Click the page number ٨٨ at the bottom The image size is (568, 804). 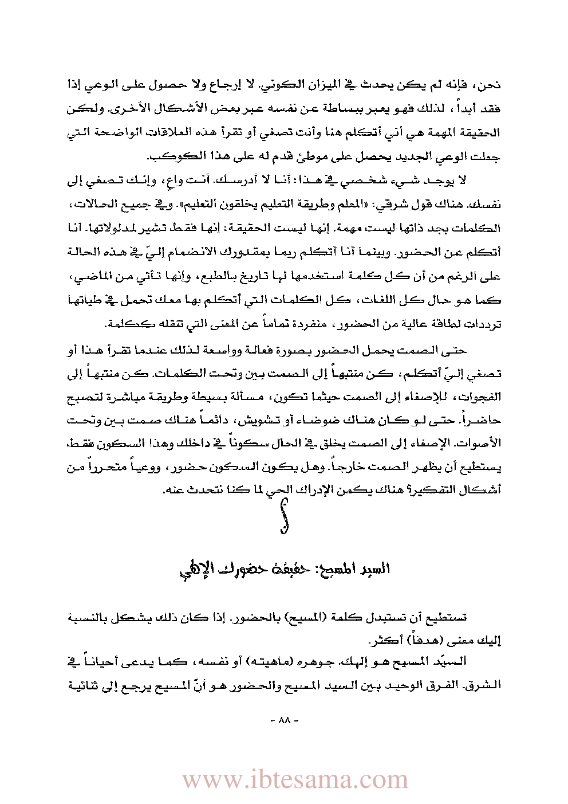[284, 720]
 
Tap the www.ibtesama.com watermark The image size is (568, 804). [295, 780]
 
